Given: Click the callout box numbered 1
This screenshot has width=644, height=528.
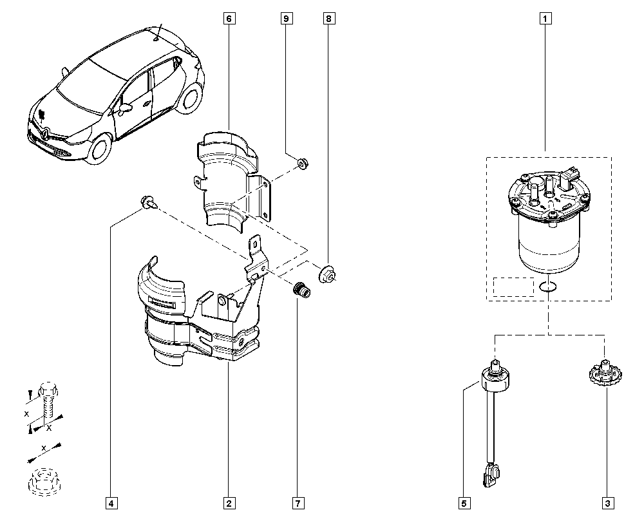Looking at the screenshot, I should [545, 19].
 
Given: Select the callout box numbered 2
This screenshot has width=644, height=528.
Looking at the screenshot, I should [228, 503].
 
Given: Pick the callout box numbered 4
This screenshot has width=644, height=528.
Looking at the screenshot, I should [112, 503].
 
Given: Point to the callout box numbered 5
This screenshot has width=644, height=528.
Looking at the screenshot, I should [464, 503].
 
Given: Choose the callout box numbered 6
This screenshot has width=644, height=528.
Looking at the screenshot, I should [229, 19].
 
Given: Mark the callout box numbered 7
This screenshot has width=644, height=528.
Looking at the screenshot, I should [298, 503].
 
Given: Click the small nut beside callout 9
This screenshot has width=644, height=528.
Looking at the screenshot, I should [302, 164].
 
